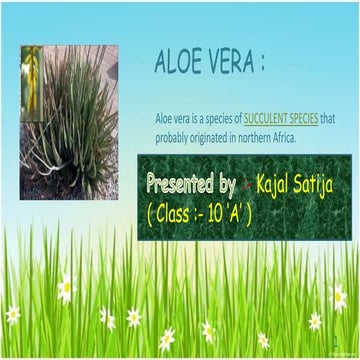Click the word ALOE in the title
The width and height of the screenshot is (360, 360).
pyautogui.click(x=177, y=63)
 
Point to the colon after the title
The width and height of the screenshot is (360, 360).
pyautogui.click(x=262, y=64)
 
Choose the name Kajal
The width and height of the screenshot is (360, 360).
pyautogui.click(x=275, y=186)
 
